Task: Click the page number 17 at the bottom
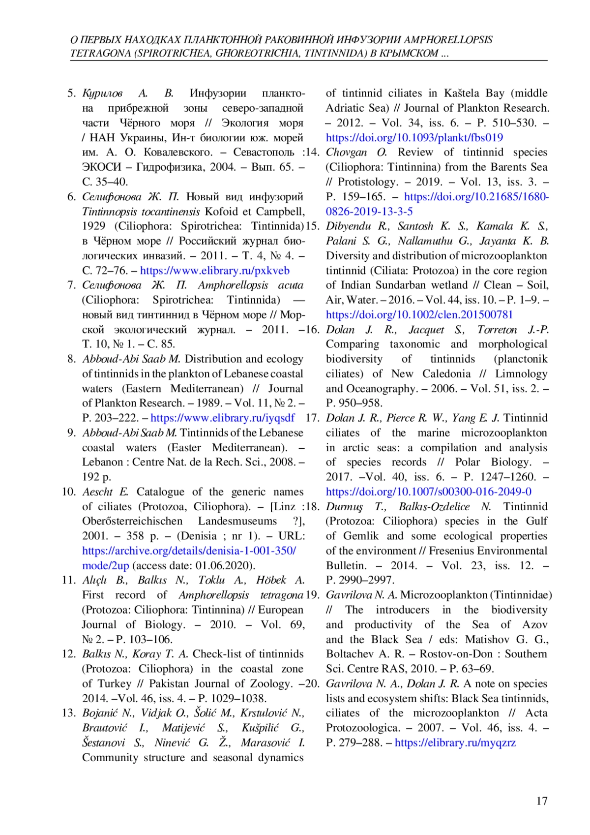[x=541, y=802]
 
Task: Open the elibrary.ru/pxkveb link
[x=215, y=271]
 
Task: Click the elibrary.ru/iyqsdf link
[x=223, y=418]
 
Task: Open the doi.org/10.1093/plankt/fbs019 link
[x=414, y=138]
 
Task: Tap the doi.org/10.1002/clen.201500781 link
[x=419, y=315]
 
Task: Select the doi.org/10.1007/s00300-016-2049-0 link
[x=428, y=492]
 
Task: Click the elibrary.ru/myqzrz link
[x=455, y=742]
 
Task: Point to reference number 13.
[x=69, y=713]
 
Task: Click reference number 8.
[x=72, y=359]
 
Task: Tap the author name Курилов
[x=102, y=93]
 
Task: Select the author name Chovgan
[x=347, y=153]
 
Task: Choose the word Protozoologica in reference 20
[x=363, y=728]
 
